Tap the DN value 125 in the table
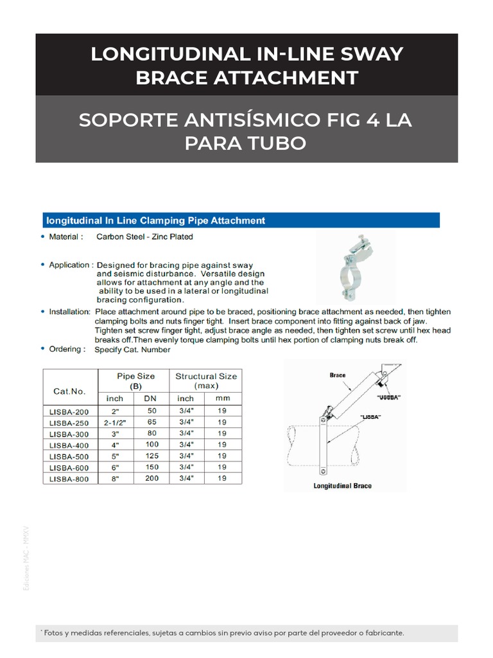(x=151, y=456)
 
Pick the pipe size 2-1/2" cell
(x=114, y=422)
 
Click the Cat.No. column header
(x=69, y=390)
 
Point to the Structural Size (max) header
(x=206, y=381)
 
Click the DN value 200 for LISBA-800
(x=151, y=478)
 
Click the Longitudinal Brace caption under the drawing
(x=343, y=486)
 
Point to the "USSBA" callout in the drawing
(x=390, y=397)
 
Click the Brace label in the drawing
(x=338, y=374)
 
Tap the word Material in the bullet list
(x=65, y=236)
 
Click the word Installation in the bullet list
(x=69, y=312)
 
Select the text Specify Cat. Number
(x=132, y=350)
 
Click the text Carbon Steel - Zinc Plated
(x=144, y=236)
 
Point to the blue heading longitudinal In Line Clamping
(x=154, y=220)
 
